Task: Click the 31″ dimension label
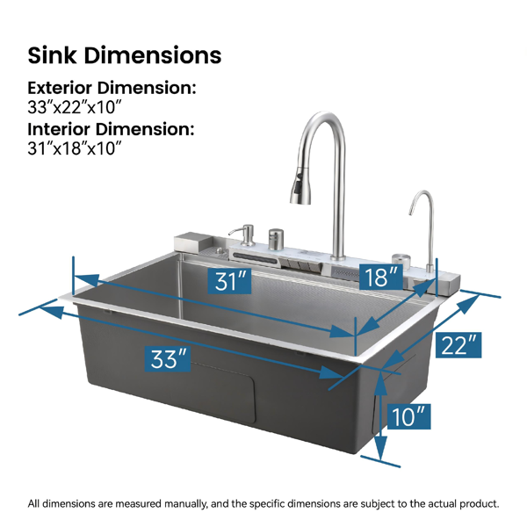tap(229, 281)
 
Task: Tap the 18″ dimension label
tap(381, 277)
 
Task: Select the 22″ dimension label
tap(458, 345)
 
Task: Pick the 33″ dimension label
tap(168, 359)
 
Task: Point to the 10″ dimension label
tap(408, 416)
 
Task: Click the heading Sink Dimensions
tap(125, 55)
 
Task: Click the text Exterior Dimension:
tap(112, 88)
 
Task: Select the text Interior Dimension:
tap(111, 129)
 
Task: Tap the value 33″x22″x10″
tap(74, 107)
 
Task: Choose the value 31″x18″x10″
tap(74, 148)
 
